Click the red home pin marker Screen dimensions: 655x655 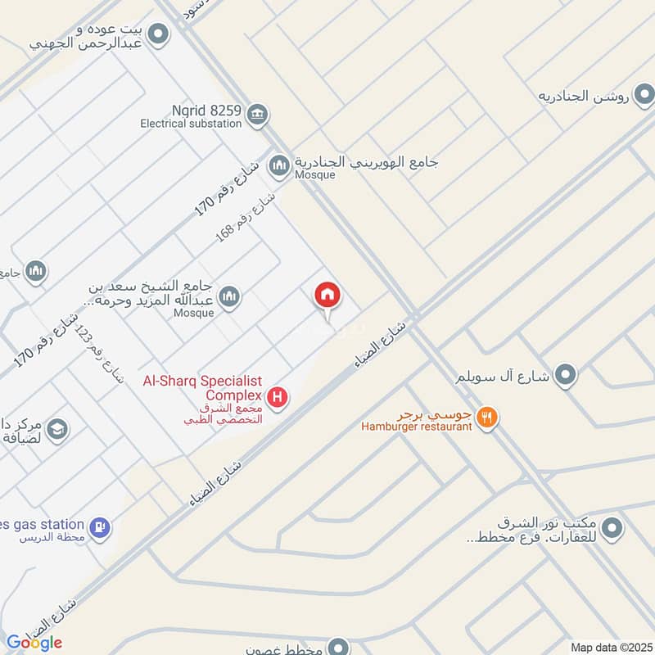pos(328,297)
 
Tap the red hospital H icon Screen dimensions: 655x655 pos(279,398)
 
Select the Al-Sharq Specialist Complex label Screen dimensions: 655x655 pos(202,388)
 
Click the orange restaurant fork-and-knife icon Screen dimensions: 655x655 pos(488,416)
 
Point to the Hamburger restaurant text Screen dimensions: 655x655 pos(418,427)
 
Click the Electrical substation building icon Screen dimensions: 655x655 pos(257,114)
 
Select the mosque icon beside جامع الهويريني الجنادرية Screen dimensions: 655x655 pos(280,165)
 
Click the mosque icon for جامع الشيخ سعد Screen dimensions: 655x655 pos(230,296)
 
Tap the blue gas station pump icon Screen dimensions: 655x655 pos(100,528)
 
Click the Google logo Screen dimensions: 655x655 pos(34,642)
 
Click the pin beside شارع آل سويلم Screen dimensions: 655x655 pos(564,376)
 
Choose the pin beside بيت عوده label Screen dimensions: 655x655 pos(159,34)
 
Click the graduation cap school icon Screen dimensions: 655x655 pos(56,429)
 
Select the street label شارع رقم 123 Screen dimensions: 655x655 pos(97,351)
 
